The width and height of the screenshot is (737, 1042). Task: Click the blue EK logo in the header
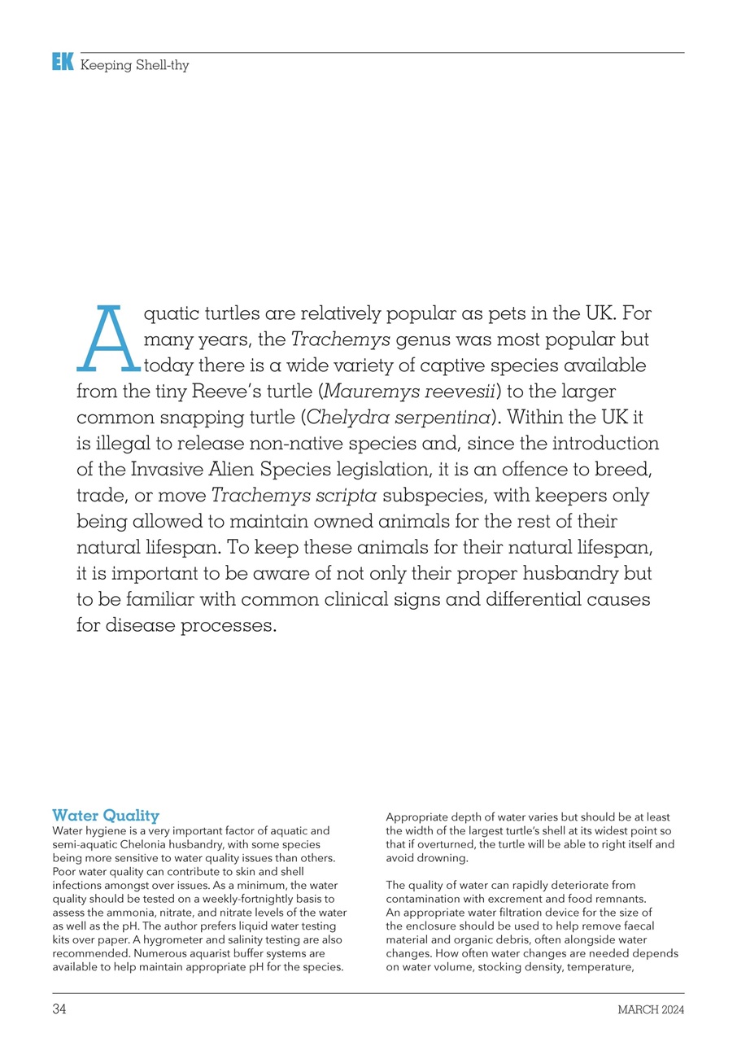point(63,62)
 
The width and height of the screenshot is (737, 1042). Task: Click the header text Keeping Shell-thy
point(134,65)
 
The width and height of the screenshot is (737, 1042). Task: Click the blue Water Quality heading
point(106,815)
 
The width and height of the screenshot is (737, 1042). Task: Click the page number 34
point(59,1010)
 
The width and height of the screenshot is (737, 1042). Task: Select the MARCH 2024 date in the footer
point(650,1010)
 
